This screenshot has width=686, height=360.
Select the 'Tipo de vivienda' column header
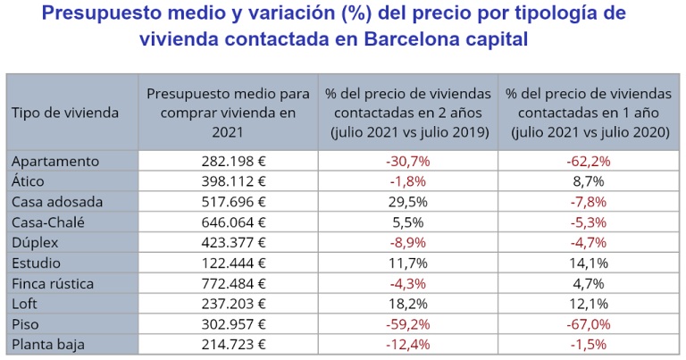tap(64, 112)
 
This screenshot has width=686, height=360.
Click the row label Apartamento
tap(54, 161)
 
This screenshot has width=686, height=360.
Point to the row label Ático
tap(32, 180)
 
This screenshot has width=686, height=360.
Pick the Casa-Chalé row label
tap(48, 222)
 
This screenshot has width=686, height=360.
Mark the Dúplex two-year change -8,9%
tap(407, 242)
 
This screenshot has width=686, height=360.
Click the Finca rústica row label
tap(53, 283)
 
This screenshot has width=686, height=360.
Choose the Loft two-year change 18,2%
tap(407, 304)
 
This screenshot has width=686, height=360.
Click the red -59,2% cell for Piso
tap(407, 324)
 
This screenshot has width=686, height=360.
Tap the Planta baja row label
tap(49, 345)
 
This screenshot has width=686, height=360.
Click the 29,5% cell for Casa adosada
tap(407, 201)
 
